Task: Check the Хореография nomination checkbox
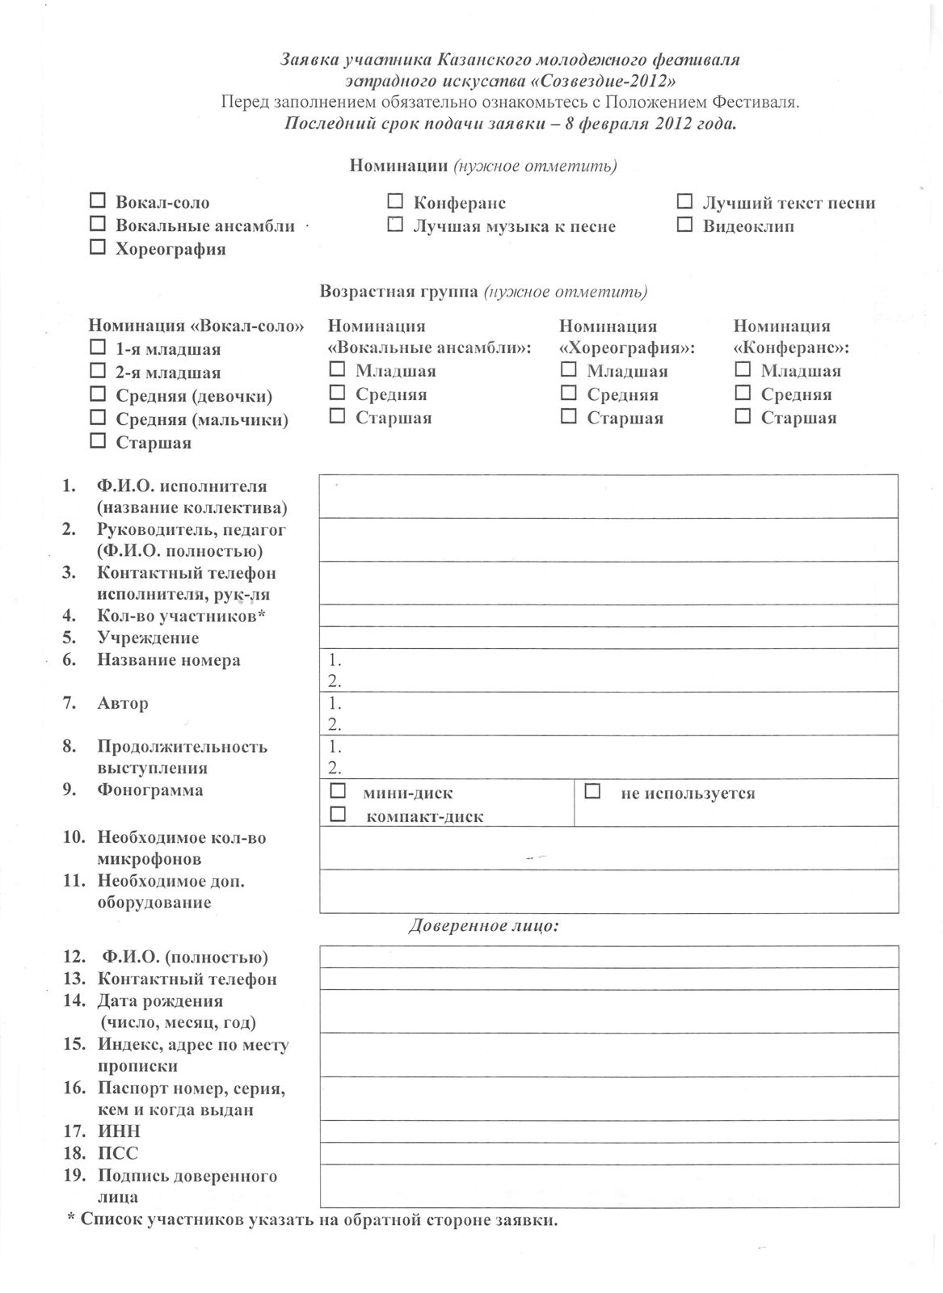[x=98, y=247]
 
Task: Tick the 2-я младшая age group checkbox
[x=98, y=371]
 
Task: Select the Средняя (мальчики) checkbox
[x=98, y=418]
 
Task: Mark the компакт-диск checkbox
[x=338, y=814]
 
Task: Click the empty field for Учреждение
[x=609, y=638]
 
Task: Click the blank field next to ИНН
[x=609, y=1131]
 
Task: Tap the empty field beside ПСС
[x=609, y=1152]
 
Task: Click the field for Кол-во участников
[x=609, y=616]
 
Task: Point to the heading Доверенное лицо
[x=483, y=926]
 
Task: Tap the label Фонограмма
[x=149, y=790]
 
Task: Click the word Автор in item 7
[x=123, y=703]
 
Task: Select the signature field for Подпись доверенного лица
[x=609, y=1186]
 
